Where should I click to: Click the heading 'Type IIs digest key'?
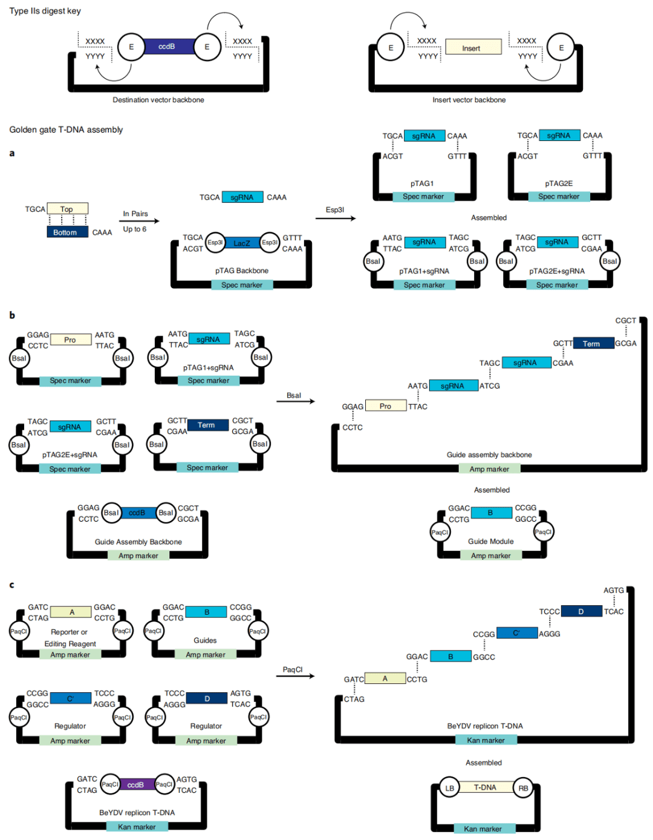[45, 11]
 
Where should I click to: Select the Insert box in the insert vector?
[473, 47]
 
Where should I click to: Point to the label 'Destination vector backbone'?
[158, 100]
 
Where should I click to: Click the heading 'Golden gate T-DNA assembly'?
[66, 130]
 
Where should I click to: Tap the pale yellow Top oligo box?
[67, 209]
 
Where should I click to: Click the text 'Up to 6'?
[134, 229]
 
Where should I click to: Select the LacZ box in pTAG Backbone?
[242, 243]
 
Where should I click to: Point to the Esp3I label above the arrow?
[334, 210]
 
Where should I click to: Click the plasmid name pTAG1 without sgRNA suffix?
[422, 183]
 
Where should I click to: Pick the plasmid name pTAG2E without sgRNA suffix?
[559, 183]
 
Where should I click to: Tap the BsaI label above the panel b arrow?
[294, 395]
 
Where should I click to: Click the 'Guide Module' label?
[490, 542]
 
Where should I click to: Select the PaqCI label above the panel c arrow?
[293, 669]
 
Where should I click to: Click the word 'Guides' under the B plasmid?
[205, 640]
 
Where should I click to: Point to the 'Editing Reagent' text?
[70, 644]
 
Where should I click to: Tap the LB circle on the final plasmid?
[450, 788]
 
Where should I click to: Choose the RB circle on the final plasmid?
[523, 788]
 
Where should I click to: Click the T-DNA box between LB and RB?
[485, 787]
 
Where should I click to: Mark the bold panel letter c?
[11, 585]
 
